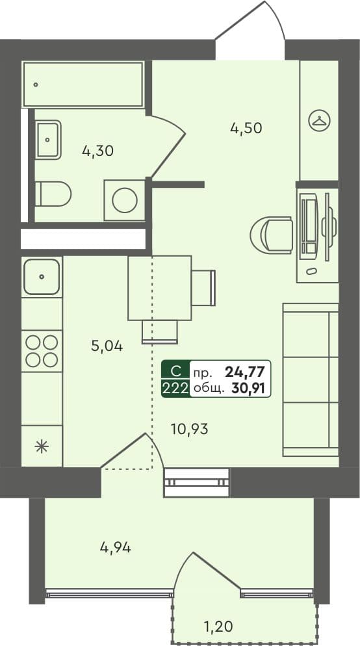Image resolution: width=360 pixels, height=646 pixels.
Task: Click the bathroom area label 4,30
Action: [x=97, y=151]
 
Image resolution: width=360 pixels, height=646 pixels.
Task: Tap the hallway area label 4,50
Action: [x=246, y=128]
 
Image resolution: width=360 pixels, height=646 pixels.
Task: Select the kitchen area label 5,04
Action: [x=107, y=346]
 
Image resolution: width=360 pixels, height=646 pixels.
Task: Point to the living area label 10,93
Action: [x=190, y=430]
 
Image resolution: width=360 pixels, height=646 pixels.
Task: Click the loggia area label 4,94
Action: [x=116, y=547]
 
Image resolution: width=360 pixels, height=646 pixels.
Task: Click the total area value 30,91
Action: [x=248, y=387]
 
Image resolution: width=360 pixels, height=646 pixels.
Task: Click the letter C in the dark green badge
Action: [x=176, y=372]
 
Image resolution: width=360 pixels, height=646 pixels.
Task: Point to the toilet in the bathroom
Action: [x=53, y=194]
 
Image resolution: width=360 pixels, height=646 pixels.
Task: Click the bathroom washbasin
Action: [x=48, y=140]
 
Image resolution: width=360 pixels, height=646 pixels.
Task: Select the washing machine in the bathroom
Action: [x=124, y=200]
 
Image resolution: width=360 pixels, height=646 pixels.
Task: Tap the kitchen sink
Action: [x=42, y=276]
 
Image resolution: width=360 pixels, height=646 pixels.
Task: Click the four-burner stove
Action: [x=42, y=351]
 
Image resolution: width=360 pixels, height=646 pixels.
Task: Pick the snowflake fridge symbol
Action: [x=41, y=446]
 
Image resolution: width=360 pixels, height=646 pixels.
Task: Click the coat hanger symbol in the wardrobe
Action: [x=320, y=120]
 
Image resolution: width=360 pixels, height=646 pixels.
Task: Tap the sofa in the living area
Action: [x=311, y=380]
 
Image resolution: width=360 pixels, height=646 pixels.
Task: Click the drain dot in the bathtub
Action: [x=36, y=85]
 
